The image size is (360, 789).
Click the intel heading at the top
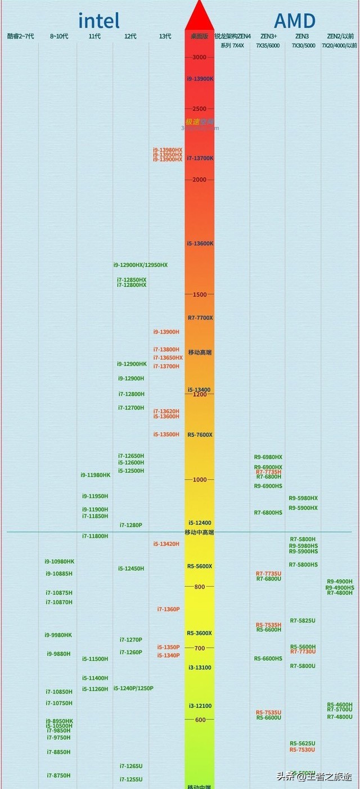tap(98, 21)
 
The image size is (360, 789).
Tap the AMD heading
tap(294, 21)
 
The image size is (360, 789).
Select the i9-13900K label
tap(200, 79)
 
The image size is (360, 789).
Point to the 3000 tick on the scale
tap(199, 57)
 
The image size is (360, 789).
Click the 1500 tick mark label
tap(199, 295)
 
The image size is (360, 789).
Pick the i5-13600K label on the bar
tap(200, 244)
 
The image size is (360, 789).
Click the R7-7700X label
tap(200, 318)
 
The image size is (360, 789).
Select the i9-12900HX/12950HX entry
tap(140, 265)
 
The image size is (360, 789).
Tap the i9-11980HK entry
tap(95, 475)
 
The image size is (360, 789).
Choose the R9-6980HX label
tap(268, 457)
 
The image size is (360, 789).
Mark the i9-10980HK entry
tap(59, 561)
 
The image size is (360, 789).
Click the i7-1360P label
tap(168, 609)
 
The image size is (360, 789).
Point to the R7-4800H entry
tap(340, 593)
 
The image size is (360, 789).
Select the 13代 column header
tap(165, 37)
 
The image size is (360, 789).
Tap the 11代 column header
tap(94, 37)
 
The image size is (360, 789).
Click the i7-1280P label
tap(130, 525)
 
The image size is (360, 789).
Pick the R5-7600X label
tap(200, 435)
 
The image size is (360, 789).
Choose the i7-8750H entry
tap(58, 776)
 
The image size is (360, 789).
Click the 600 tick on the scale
tap(199, 720)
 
